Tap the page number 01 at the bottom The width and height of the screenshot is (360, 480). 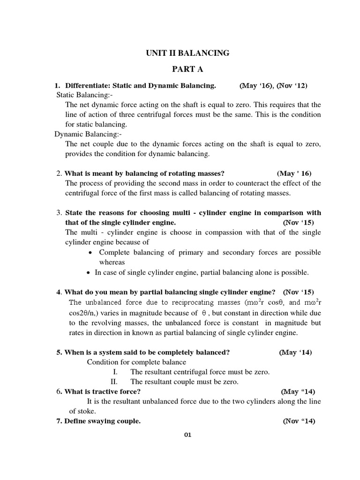[187, 435]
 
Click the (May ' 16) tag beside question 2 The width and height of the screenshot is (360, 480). [294, 173]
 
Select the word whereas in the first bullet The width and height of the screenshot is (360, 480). [112, 262]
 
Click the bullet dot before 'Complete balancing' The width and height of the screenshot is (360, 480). [91, 253]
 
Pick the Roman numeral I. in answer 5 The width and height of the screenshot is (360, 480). [115, 372]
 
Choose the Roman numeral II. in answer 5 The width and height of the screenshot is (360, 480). [113, 382]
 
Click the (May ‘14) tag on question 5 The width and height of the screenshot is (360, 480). [295, 352]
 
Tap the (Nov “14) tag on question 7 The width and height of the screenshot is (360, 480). [299, 421]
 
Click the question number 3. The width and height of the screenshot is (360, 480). [59, 213]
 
